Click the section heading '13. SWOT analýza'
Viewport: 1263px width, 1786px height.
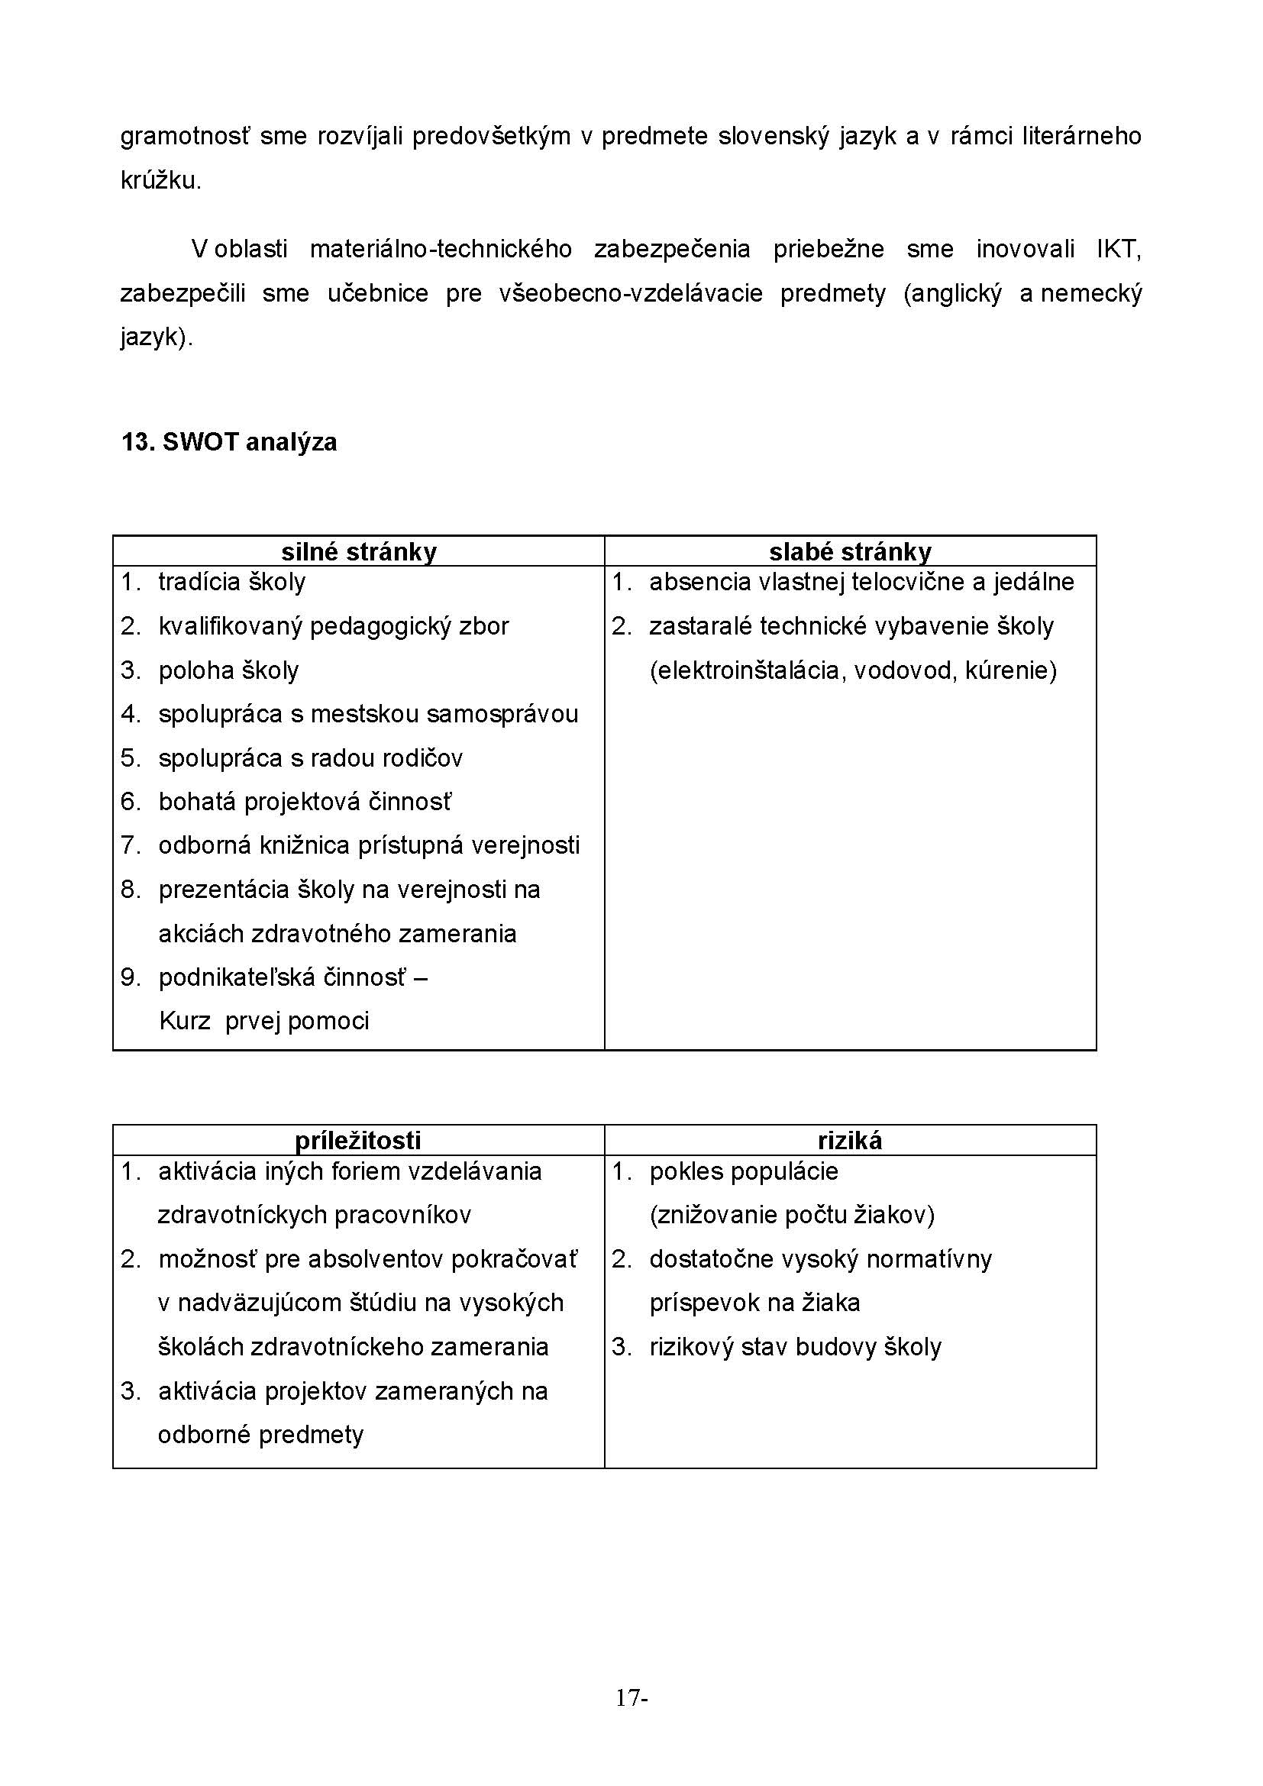tap(228, 443)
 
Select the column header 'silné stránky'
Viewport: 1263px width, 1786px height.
tap(359, 551)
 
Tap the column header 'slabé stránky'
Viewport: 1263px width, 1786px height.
tap(849, 551)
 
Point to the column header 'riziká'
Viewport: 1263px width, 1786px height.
tap(849, 1140)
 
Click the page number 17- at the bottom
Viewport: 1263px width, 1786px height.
tap(631, 1698)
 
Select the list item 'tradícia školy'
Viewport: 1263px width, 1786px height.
tap(232, 582)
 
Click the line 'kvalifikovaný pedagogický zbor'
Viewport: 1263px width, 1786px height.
tap(333, 626)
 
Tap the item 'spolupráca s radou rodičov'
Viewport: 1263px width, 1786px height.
tap(310, 757)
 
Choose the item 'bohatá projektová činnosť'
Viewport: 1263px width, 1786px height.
tap(305, 802)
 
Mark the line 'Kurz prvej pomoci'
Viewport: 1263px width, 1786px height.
tap(263, 1021)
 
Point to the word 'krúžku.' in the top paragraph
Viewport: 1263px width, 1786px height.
tap(161, 180)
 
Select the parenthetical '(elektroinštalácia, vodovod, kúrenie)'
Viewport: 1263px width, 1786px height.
tap(852, 670)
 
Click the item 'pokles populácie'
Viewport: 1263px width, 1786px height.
tap(744, 1171)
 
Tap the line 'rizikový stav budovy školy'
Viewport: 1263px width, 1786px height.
tap(795, 1347)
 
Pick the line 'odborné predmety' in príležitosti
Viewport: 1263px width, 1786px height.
tap(260, 1435)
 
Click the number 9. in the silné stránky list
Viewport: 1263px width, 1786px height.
tap(131, 977)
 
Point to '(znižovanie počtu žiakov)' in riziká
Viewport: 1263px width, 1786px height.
tap(792, 1215)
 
